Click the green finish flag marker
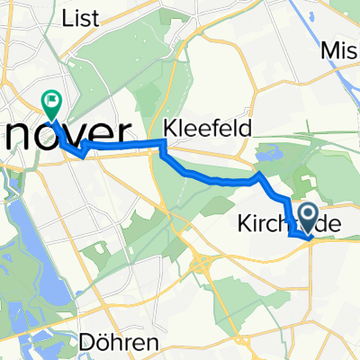pyautogui.click(x=51, y=105)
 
